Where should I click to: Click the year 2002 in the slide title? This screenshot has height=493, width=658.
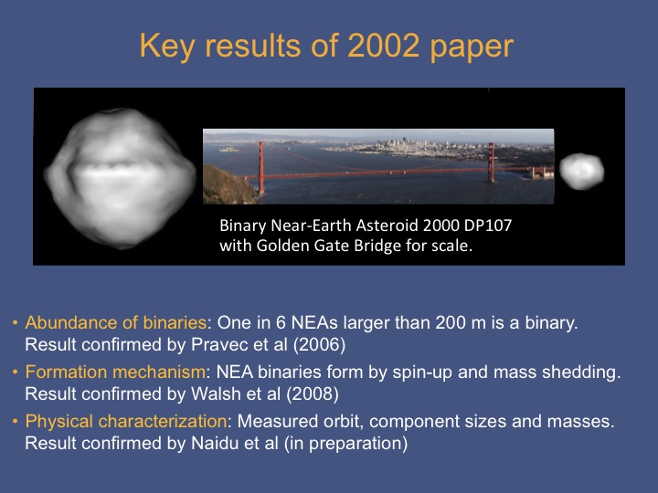tap(383, 46)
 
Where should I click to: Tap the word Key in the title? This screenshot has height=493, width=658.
tap(166, 47)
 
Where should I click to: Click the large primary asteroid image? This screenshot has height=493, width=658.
tap(120, 178)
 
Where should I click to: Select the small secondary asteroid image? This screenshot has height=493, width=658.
tap(581, 171)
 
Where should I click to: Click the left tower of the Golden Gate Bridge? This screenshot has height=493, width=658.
tap(261, 168)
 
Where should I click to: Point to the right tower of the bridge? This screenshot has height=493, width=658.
tap(491, 163)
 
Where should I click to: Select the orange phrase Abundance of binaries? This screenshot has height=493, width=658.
tap(116, 322)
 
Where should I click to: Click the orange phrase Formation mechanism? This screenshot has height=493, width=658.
tap(116, 372)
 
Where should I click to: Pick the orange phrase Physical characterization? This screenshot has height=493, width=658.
tap(126, 421)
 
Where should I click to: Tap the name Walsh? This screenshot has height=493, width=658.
tap(211, 394)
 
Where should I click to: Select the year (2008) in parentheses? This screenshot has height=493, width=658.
tap(313, 394)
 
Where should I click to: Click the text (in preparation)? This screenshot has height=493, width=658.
tap(345, 444)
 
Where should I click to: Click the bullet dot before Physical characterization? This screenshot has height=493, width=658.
tap(16, 421)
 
